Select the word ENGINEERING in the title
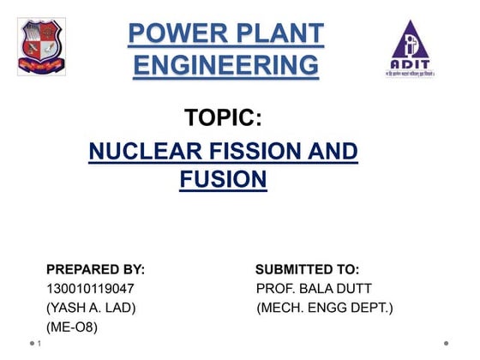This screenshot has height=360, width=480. pos(225,64)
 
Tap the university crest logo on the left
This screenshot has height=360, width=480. pos(41,47)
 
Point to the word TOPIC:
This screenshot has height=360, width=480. pos(223,117)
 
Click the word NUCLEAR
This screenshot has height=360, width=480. pos(142,153)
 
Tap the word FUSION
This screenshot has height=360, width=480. pos(223,180)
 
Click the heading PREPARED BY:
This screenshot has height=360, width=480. pos(95,269)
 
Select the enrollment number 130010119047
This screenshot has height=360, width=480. pos(90,288)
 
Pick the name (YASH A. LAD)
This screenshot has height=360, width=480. pos(91,307)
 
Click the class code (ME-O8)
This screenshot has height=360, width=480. pos(72,327)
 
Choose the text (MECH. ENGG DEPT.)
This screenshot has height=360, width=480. pos(325,307)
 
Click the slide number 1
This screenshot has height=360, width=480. pos(40,344)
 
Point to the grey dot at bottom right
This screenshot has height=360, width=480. pos(446,344)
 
